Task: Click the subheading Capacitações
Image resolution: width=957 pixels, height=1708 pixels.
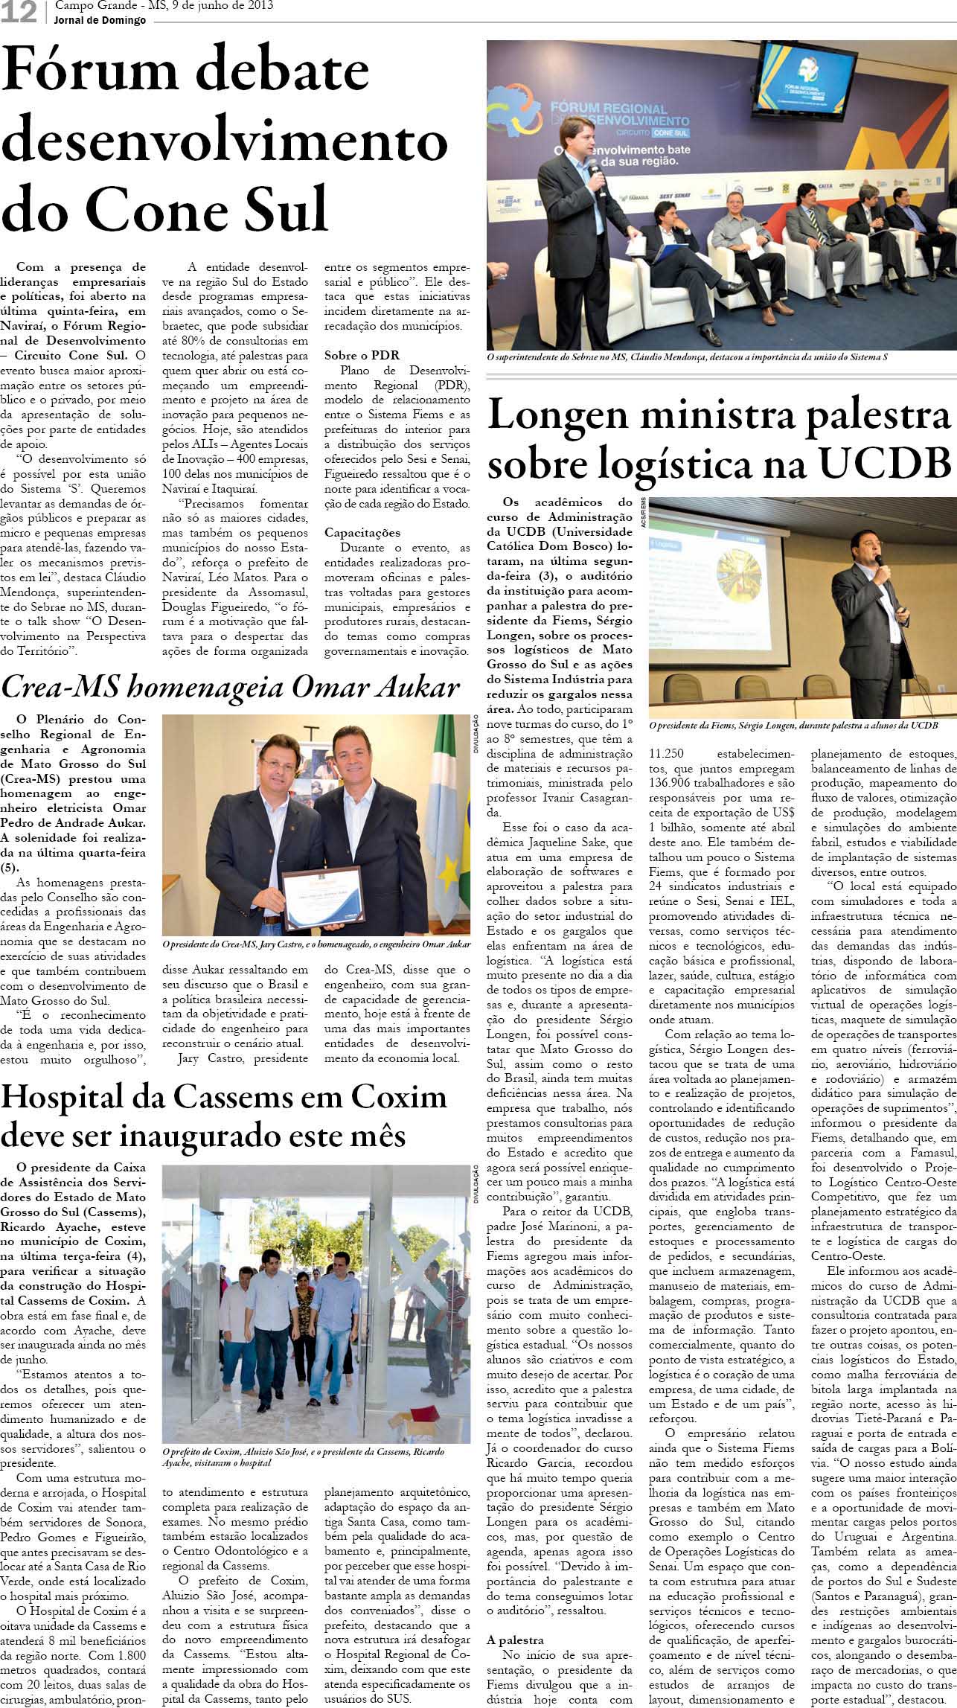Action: pyautogui.click(x=362, y=532)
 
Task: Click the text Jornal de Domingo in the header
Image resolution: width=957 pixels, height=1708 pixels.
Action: pyautogui.click(x=100, y=21)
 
